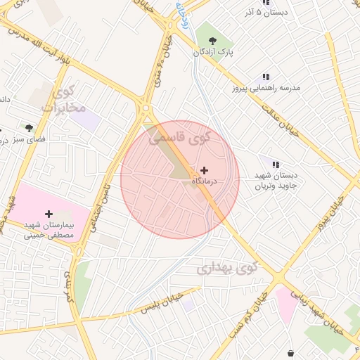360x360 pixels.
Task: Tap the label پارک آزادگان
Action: click(x=214, y=53)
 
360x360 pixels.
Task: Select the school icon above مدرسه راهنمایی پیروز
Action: click(x=266, y=77)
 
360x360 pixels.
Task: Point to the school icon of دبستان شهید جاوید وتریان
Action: click(x=275, y=164)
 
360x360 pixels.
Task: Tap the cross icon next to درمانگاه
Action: click(x=204, y=170)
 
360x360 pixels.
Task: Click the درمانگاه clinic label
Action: click(x=205, y=181)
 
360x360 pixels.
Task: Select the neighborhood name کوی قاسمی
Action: click(x=179, y=137)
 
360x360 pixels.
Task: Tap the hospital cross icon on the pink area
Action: click(x=48, y=214)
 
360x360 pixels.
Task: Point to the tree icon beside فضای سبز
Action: click(x=29, y=128)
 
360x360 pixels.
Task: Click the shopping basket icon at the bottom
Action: click(x=291, y=352)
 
